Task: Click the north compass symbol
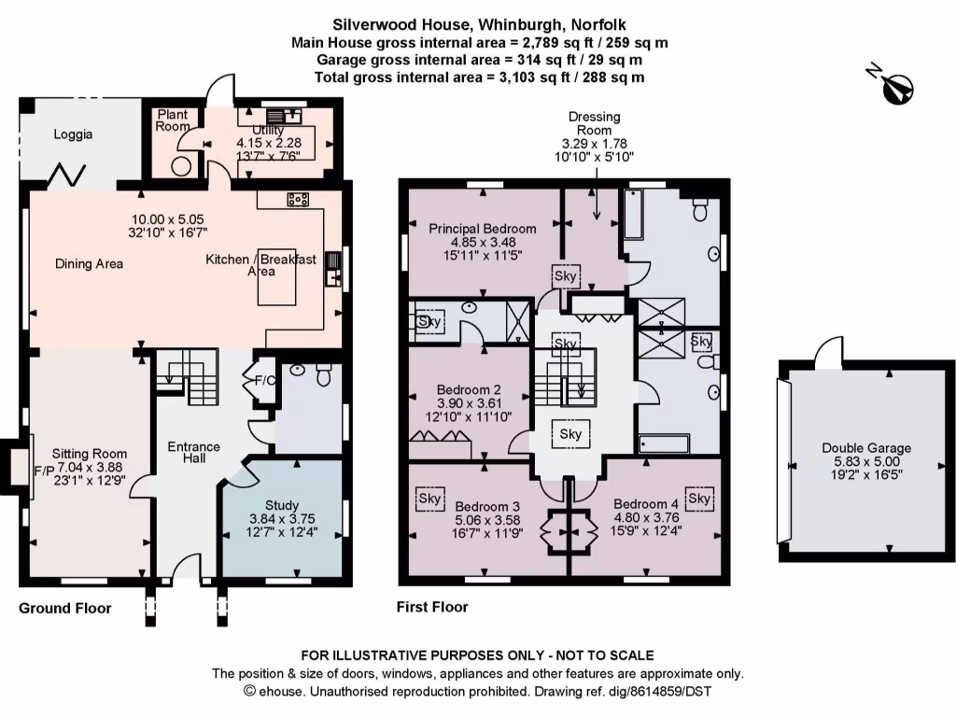coord(898,85)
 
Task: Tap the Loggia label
coord(73,134)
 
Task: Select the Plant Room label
coord(172,119)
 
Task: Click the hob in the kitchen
coord(299,198)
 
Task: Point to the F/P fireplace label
coord(43,470)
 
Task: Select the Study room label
coord(282,505)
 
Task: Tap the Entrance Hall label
coord(193,453)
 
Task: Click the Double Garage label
coord(866,448)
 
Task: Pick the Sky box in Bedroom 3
coord(429,499)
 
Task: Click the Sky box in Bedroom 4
coord(699,499)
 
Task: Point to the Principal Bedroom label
coord(482,228)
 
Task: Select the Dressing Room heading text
coord(595,123)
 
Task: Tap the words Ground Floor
coord(64,608)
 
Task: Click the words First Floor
coord(432,607)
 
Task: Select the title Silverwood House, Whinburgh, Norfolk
coord(479,26)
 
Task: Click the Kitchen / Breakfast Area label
coord(261,264)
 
